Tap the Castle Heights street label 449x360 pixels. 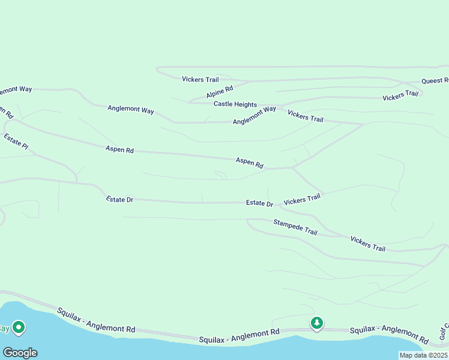235,104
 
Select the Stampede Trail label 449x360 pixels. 295,227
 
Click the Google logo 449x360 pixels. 20,353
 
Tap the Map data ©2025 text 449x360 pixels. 423,355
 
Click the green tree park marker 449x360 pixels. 316,323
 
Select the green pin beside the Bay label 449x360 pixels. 19,328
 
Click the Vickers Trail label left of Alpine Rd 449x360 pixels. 200,79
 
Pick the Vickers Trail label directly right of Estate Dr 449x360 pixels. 302,199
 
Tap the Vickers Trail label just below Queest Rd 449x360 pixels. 400,95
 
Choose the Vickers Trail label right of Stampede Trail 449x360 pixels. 367,243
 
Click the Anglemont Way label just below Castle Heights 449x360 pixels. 254,115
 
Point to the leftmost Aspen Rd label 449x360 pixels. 119,149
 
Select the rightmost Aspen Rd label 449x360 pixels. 249,162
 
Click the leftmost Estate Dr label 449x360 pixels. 119,199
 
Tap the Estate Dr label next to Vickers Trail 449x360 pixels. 259,203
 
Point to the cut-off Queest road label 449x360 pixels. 435,80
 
